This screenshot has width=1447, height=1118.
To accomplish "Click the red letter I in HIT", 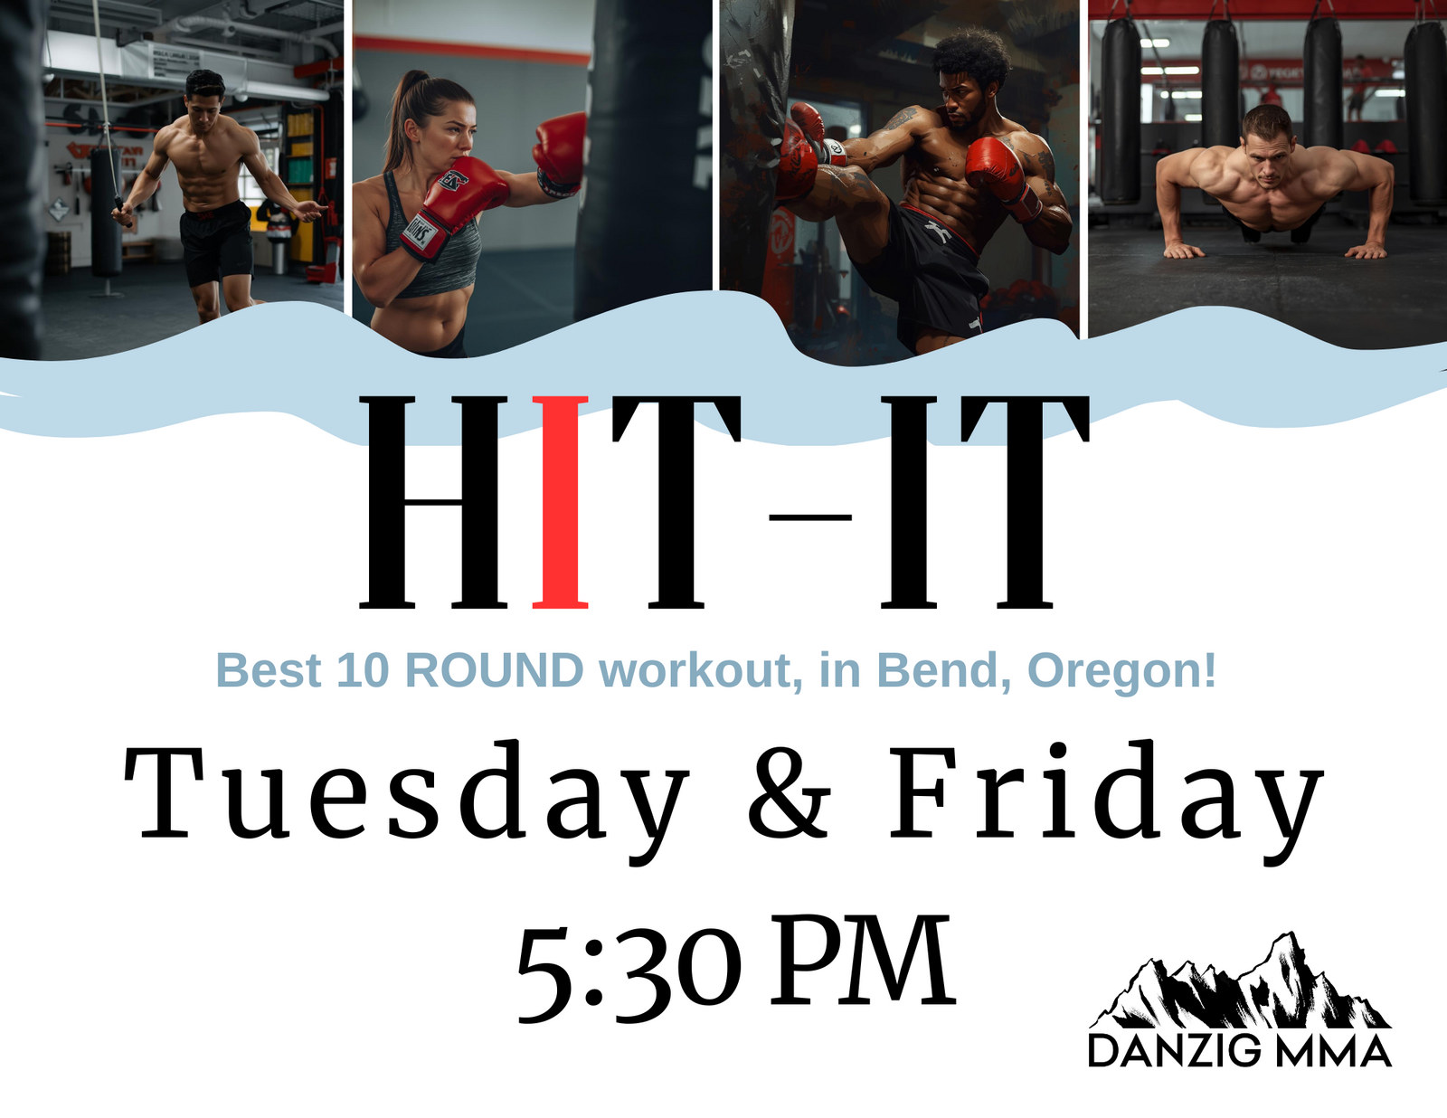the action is coord(560,502).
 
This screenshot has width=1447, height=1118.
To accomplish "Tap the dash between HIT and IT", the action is coord(810,516).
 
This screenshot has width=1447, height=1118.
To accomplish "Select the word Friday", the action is coord(1106,801).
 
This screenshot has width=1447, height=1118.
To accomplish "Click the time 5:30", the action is coord(629,969).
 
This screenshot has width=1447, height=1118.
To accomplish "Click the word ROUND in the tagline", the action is coord(494,670).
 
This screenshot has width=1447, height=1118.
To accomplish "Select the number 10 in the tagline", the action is coord(363,670).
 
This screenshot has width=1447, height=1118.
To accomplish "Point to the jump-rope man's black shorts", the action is coord(215,242).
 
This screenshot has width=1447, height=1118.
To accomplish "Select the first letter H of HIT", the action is coord(433,502).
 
